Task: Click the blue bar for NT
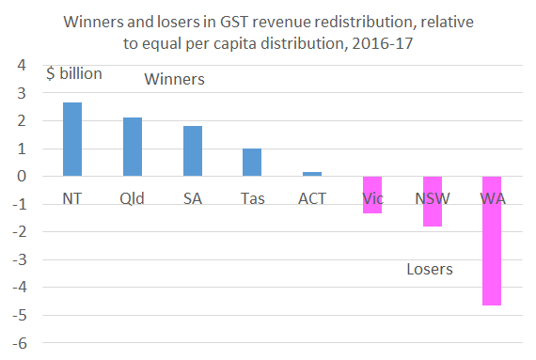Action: click(72, 139)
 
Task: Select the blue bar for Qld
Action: click(133, 147)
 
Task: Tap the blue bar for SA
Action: click(192, 151)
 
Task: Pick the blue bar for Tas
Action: click(252, 162)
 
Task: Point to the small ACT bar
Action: click(311, 174)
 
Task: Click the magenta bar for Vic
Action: click(371, 195)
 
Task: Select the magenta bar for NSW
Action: click(432, 201)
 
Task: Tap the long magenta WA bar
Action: click(491, 241)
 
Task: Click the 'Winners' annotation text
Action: click(174, 80)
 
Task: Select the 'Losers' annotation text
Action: click(430, 270)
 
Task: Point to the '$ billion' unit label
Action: click(74, 74)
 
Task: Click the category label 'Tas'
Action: click(252, 199)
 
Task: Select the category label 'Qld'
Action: click(133, 199)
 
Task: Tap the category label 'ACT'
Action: click(311, 199)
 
